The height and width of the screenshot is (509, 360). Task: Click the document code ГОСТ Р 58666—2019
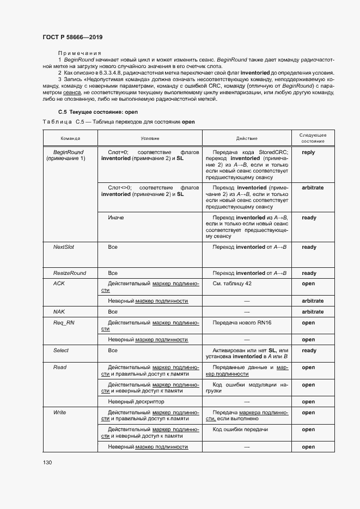(x=72, y=37)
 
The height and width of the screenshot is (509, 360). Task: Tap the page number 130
(x=47, y=462)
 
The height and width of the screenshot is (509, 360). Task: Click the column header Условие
(x=150, y=138)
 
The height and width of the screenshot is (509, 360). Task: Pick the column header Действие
(x=247, y=138)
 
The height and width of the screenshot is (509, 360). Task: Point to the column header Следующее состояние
(x=313, y=138)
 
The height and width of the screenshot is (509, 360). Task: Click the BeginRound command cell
(x=69, y=155)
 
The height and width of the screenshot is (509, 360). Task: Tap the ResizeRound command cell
(x=69, y=273)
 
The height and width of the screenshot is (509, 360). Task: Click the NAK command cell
(x=59, y=312)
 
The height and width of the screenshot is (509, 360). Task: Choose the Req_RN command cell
(x=62, y=323)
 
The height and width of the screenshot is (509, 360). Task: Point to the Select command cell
(x=61, y=351)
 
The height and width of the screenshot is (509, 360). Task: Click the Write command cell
(x=60, y=413)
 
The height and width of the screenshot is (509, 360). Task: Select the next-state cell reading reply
(x=308, y=152)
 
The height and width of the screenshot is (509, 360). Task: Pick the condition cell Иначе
(x=116, y=218)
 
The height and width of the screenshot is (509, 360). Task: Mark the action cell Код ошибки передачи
(x=240, y=430)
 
